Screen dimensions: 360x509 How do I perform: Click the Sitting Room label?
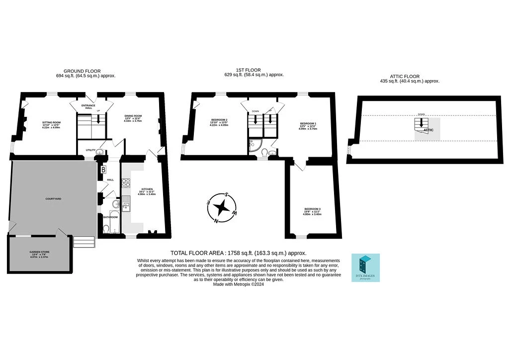pos(51,122)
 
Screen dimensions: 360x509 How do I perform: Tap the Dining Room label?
pos(133,116)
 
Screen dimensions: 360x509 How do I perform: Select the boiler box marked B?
pos(103,170)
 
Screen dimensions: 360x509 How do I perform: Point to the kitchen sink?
pos(126,203)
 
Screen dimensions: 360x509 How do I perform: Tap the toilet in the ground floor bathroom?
pos(105,228)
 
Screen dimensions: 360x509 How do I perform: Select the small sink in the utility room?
pos(99,153)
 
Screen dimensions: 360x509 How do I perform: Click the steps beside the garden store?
pos(84,242)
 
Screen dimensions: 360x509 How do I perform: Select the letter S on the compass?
pos(227,194)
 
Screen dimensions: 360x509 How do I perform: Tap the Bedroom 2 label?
pos(219,120)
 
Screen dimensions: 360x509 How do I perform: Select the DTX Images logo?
pos(365,268)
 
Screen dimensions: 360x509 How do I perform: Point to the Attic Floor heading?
pos(410,76)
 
